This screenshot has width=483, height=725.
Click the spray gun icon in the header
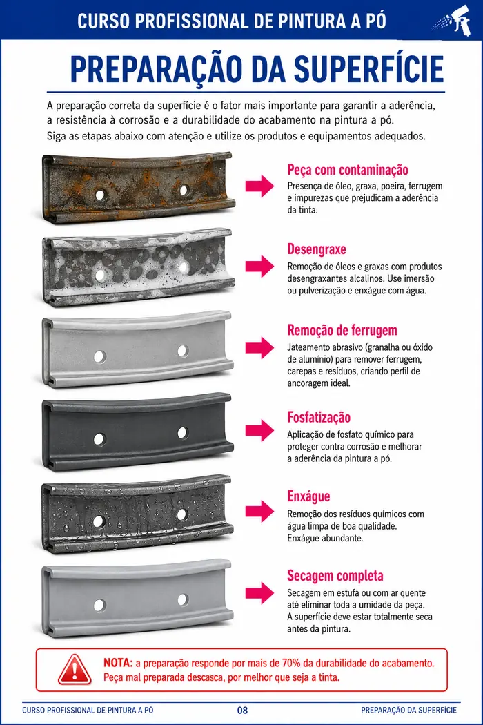453,20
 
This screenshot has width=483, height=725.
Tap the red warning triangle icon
75,670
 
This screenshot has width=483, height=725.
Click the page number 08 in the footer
242,710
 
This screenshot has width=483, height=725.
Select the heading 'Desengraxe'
317,249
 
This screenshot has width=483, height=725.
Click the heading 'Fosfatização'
319,418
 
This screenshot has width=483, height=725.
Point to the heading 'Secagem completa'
335,576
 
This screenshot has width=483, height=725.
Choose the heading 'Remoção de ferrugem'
342,330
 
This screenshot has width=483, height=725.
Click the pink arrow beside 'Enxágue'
259,511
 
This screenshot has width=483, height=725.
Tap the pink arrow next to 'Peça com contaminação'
259,186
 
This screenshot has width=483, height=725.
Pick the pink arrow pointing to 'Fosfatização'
259,430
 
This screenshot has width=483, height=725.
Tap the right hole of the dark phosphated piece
183,433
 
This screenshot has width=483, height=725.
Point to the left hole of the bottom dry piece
99,606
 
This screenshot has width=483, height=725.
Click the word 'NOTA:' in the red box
118,663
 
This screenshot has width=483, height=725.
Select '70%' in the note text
291,663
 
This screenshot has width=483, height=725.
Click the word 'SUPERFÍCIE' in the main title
369,69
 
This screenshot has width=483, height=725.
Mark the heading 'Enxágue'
308,496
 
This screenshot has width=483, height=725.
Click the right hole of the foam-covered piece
184,267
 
